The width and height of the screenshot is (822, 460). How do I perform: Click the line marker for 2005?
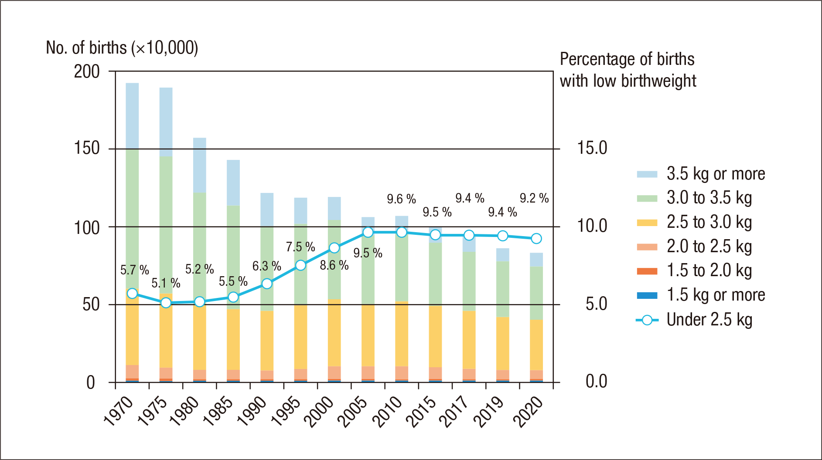click(368, 232)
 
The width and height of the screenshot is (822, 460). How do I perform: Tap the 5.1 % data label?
click(166, 283)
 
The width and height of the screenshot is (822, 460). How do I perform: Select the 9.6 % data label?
click(401, 199)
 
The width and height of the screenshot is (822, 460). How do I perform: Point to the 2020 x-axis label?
click(528, 412)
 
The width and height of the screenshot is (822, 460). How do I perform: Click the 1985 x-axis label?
click(218, 412)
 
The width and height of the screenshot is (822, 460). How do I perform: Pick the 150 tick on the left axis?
click(87, 149)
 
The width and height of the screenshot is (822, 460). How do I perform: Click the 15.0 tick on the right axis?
click(592, 149)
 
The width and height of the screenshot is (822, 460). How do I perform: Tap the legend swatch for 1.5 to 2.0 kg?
click(647, 271)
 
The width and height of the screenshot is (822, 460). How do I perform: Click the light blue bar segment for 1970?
click(132, 116)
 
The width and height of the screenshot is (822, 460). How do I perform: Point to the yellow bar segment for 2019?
click(502, 343)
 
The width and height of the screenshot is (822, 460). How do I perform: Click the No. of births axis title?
click(122, 48)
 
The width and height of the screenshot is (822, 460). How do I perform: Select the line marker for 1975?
click(166, 303)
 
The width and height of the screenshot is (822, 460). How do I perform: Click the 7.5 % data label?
click(300, 247)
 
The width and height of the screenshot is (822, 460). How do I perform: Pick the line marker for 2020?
click(536, 238)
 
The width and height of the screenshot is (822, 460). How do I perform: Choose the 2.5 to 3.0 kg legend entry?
click(709, 222)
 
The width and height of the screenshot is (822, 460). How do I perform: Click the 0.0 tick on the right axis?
click(596, 382)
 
